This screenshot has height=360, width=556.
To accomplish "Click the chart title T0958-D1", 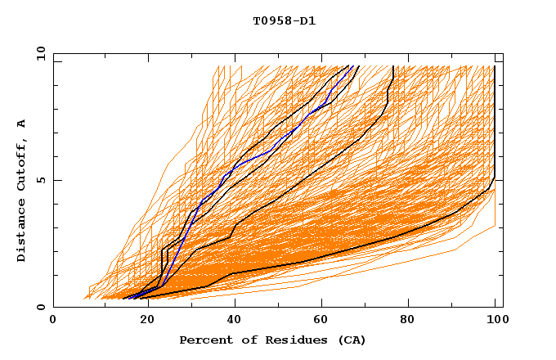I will coord(284,20).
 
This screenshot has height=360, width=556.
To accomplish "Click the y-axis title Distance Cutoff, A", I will coord(21,191).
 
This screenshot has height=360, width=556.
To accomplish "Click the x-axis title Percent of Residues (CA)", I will coord(272,340).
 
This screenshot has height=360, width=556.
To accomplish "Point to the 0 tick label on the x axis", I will coord(53,321).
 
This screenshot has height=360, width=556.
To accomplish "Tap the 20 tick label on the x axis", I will coord(141,321).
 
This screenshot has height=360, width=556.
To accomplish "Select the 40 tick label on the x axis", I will coord(231,321).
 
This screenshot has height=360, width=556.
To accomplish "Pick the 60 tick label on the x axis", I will coord(319,321).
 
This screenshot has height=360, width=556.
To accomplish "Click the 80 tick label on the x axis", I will coord(407,321).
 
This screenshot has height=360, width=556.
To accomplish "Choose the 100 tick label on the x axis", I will coord(495,321).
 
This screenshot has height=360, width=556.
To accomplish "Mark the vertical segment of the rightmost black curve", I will coord(495,123).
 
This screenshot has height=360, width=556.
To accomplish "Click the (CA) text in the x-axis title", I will coord(350,340).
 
